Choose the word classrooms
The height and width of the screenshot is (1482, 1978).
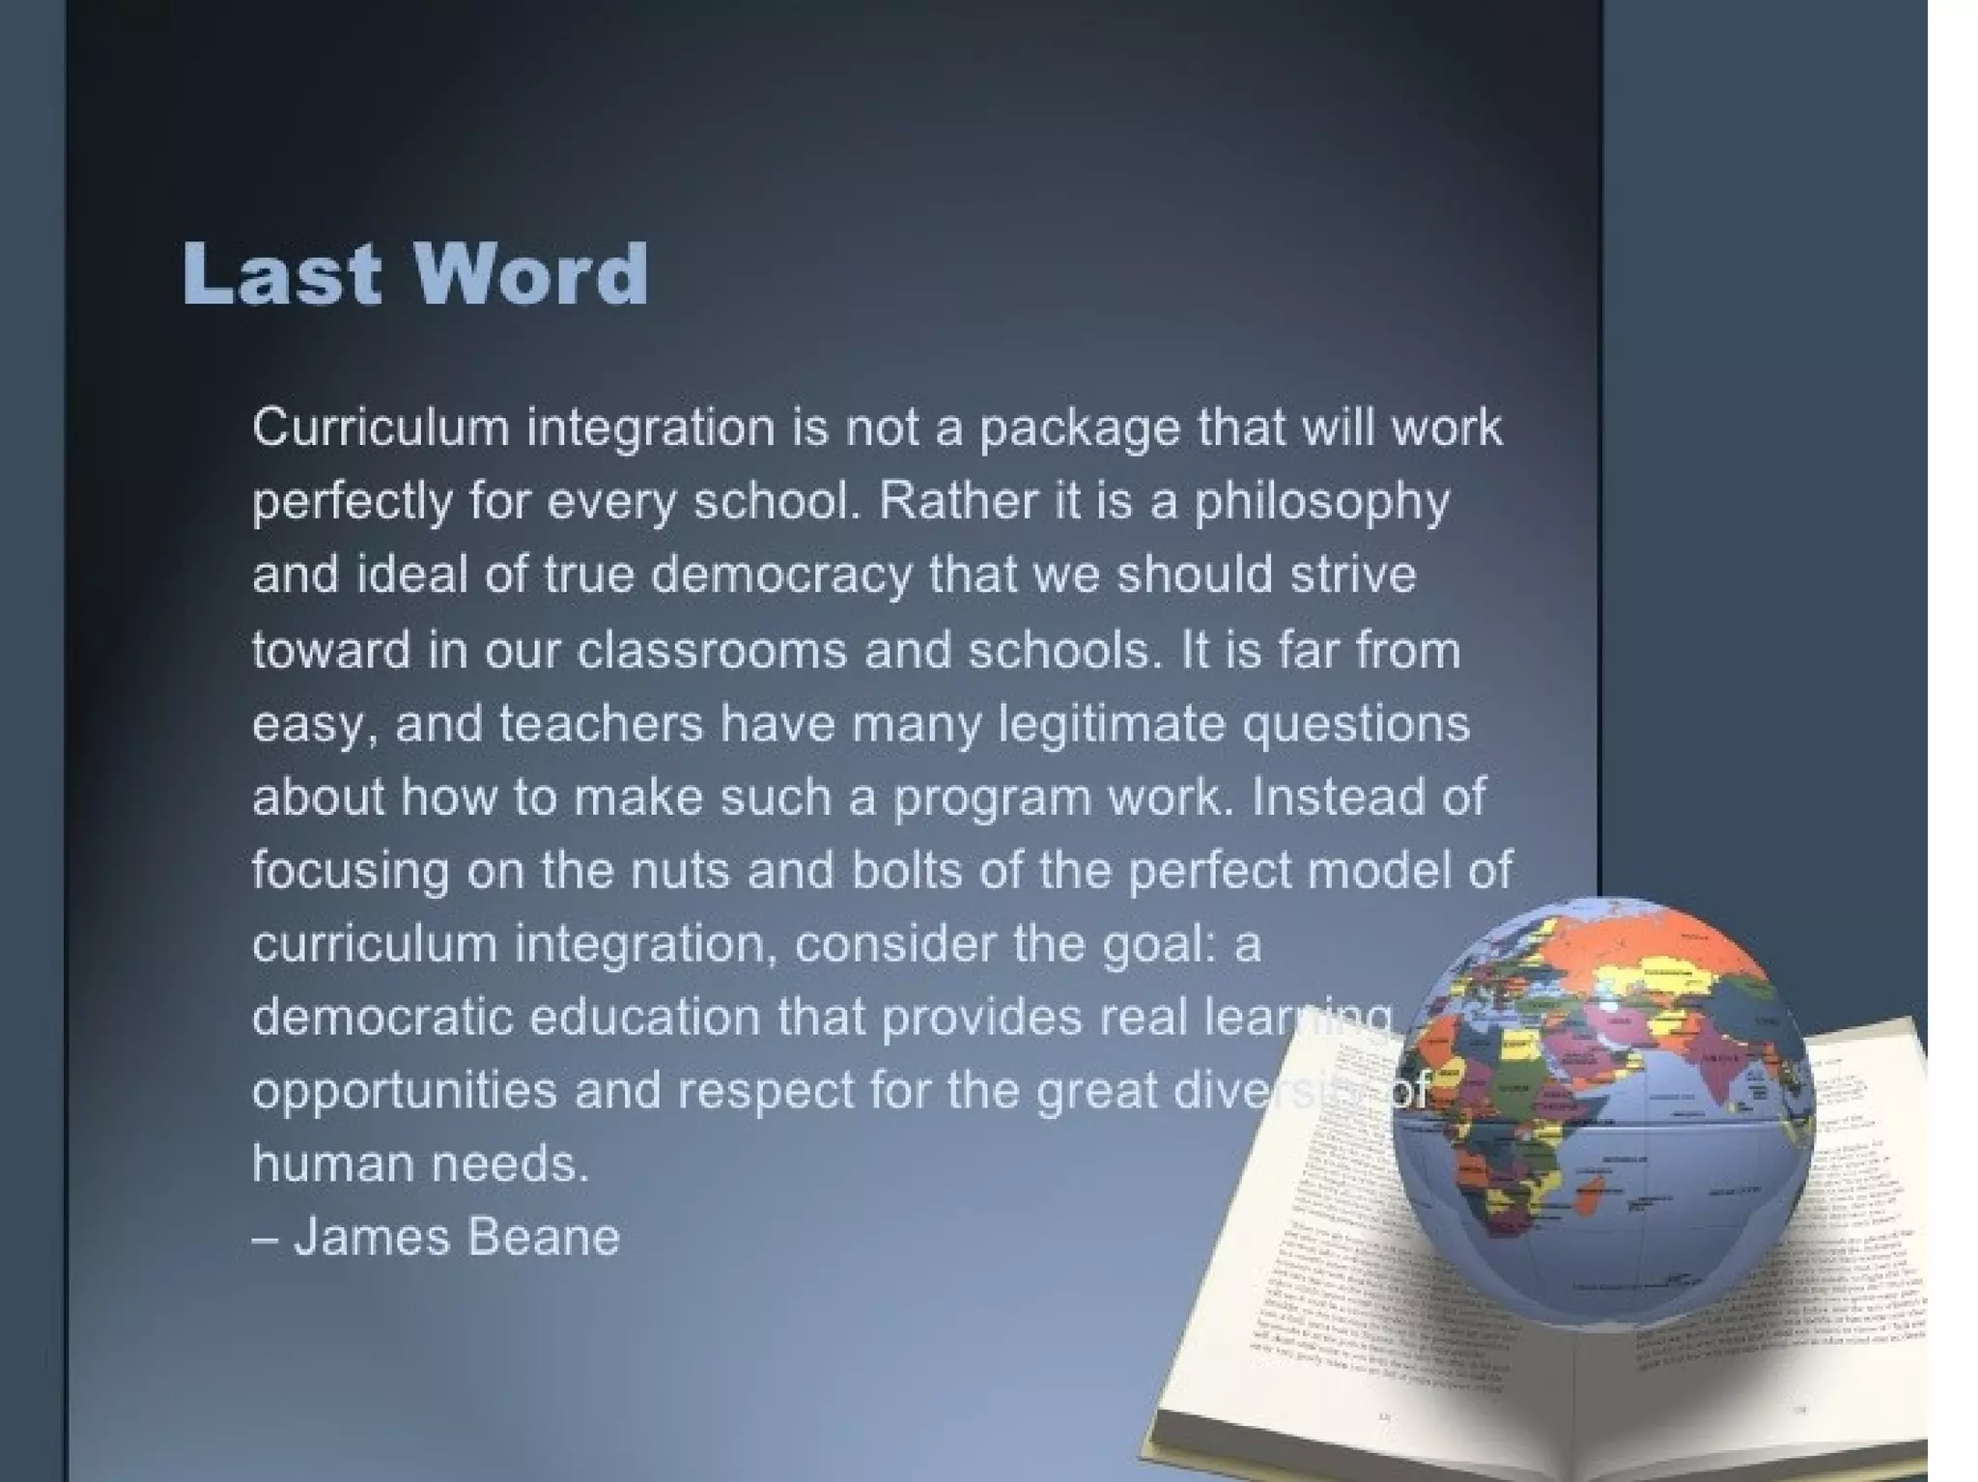pos(711,650)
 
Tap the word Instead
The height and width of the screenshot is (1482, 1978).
pos(1332,797)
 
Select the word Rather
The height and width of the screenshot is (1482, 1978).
pos(957,501)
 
